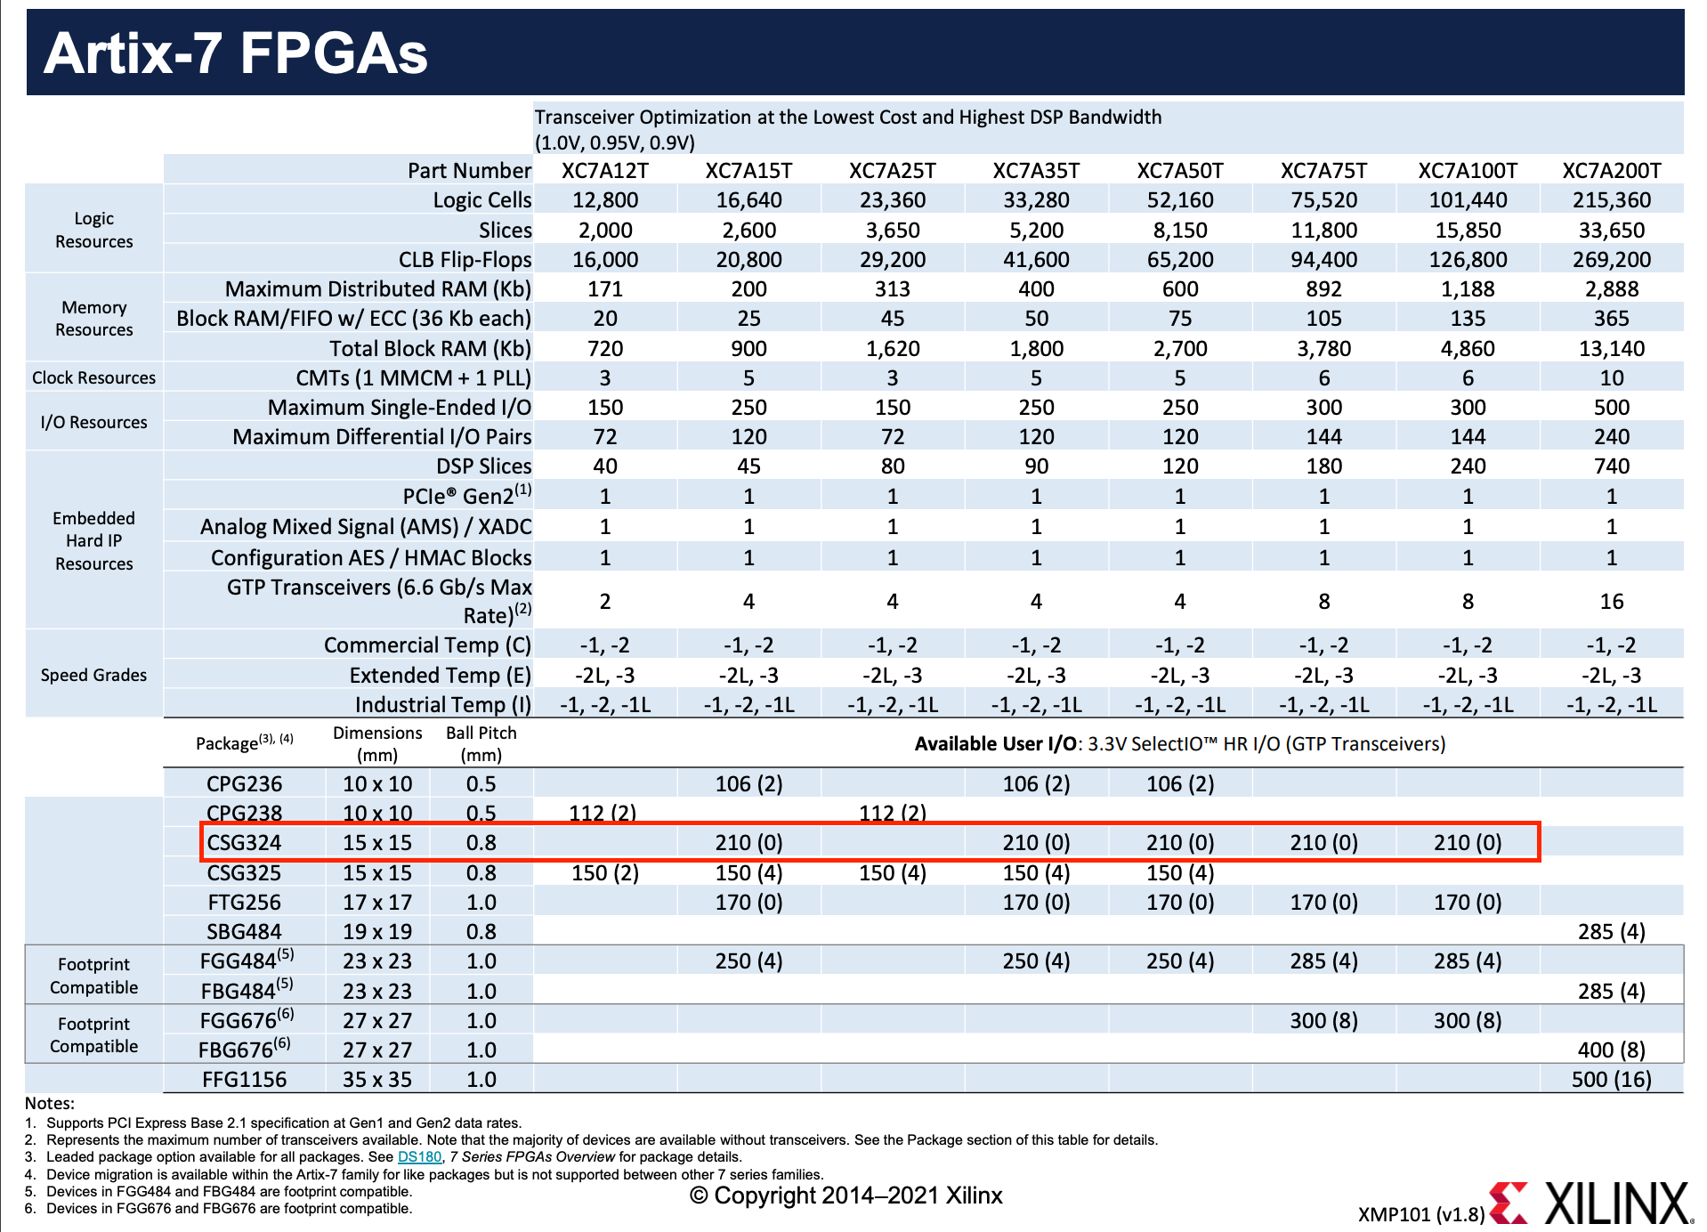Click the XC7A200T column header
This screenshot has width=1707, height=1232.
pos(1611,170)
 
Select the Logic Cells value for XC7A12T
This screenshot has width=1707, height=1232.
pos(605,200)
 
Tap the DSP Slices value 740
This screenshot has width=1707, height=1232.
pos(1611,466)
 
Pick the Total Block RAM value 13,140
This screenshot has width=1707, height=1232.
pos(1611,348)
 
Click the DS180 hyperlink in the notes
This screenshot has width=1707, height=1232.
pos(419,1156)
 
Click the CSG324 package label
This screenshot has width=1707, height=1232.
pos(244,842)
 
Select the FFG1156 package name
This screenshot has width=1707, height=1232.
pos(244,1079)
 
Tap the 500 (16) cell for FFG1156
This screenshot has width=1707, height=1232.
pos(1611,1079)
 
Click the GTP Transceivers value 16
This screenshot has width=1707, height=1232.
pos(1611,601)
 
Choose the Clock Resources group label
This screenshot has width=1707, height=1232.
pos(93,377)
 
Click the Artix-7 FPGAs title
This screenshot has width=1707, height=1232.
pos(236,53)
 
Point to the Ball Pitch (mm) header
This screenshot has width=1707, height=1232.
pos(481,743)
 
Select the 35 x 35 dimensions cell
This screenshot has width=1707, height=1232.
pos(377,1079)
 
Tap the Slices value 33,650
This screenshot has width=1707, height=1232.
pos(1611,230)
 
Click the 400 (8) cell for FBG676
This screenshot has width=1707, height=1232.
pos(1611,1050)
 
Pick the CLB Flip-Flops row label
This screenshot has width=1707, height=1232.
pos(465,259)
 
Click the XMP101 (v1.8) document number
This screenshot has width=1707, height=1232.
pos(1420,1214)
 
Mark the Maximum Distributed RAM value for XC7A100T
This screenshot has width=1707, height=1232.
pos(1468,289)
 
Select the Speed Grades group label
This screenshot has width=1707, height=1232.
pos(93,675)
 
